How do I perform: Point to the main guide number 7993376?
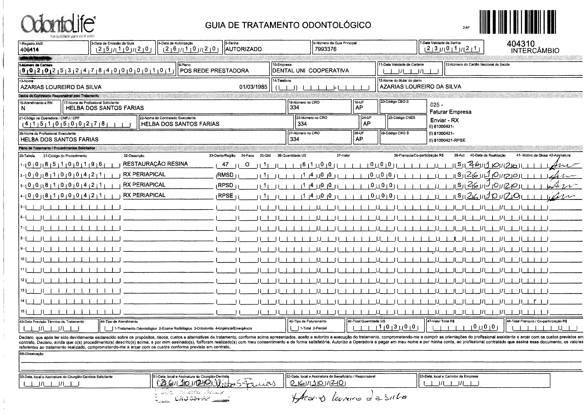click(326, 49)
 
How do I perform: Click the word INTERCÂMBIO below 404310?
click(535, 51)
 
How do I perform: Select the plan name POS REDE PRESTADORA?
click(214, 71)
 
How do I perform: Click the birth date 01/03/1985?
click(253, 87)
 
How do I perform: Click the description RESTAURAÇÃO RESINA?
click(155, 164)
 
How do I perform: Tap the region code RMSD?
click(225, 175)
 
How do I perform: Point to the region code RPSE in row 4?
click(225, 196)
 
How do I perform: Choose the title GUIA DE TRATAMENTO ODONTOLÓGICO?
click(288, 25)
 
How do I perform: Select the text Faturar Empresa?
click(450, 112)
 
